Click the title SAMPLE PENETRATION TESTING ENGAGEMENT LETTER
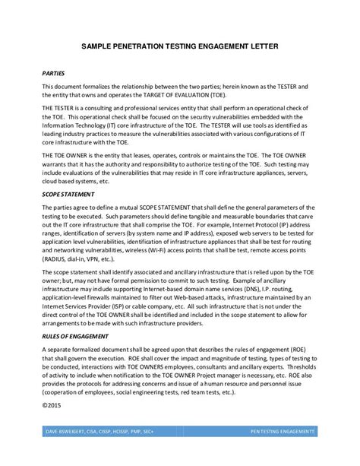point(181,46)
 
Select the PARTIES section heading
point(53,74)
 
